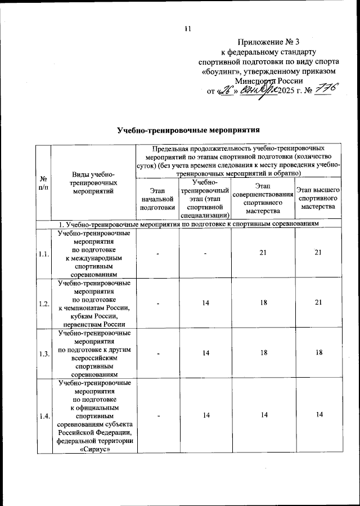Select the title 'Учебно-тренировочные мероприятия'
[x=188, y=130]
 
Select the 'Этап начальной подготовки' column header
[x=155, y=199]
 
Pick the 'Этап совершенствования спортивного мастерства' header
[x=262, y=199]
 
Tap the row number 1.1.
[x=43, y=253]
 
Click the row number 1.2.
[x=43, y=303]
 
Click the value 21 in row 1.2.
[x=318, y=303]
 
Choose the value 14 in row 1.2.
[x=205, y=303]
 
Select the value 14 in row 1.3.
[x=205, y=353]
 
